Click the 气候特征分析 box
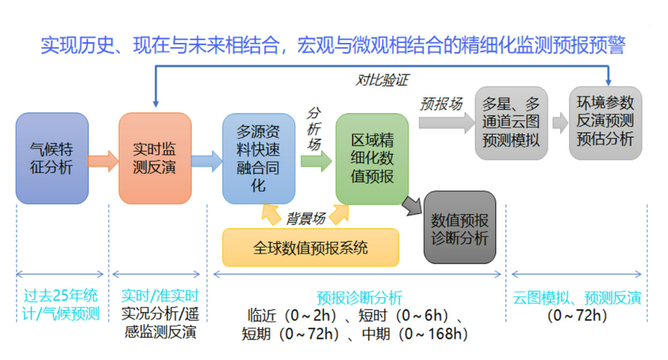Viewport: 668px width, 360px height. pos(52,158)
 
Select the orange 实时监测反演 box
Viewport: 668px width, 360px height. pos(155,158)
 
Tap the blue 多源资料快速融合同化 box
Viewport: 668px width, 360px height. pos(259,158)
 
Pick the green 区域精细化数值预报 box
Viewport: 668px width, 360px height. pos(372,158)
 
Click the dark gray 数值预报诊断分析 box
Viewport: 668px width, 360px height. pos(460,228)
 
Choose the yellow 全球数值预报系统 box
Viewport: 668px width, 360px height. pos(310,248)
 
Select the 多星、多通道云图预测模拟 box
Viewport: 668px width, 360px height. pos(511,121)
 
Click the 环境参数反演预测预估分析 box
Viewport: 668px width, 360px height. pos(606,121)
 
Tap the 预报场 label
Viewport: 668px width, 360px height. pos(441,103)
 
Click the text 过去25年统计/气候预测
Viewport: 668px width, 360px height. pos(62,304)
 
